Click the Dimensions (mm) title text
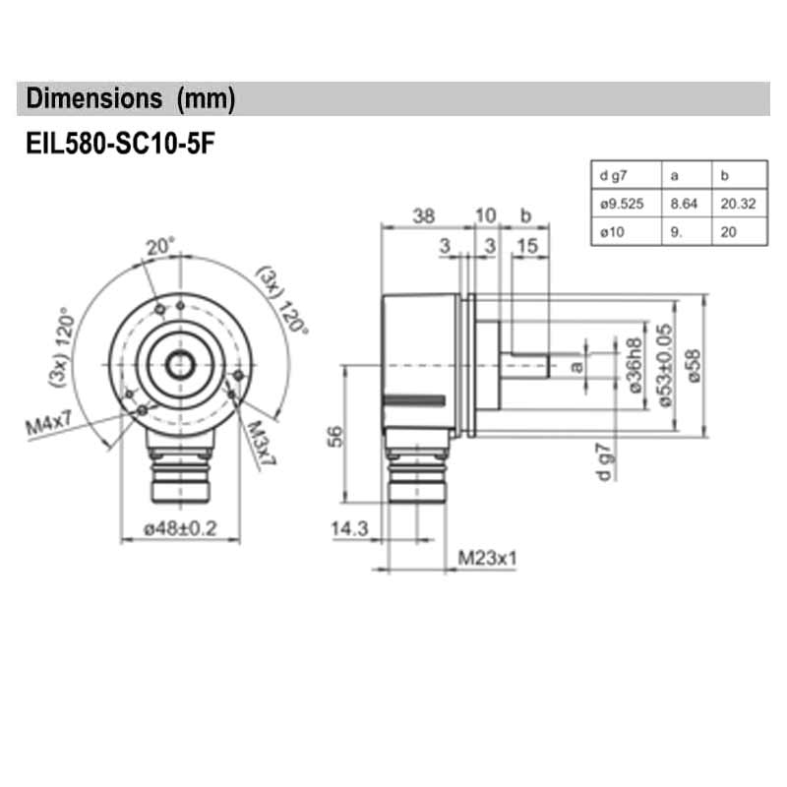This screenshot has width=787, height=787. pyautogui.click(x=131, y=98)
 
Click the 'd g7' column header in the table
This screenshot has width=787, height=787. pyautogui.click(x=613, y=176)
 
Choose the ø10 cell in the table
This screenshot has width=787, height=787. pyautogui.click(x=611, y=233)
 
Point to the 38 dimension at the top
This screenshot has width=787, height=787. pyautogui.click(x=423, y=215)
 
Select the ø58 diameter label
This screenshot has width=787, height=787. pyautogui.click(x=696, y=363)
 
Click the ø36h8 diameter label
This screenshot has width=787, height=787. pyautogui.click(x=636, y=364)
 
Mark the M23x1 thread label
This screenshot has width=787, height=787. pyautogui.click(x=488, y=559)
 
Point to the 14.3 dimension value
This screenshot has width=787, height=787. pyautogui.click(x=349, y=529)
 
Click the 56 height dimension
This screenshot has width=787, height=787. pyautogui.click(x=332, y=435)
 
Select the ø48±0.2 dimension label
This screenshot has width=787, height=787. pyautogui.click(x=179, y=529)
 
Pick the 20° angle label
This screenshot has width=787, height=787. pyautogui.click(x=159, y=247)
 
